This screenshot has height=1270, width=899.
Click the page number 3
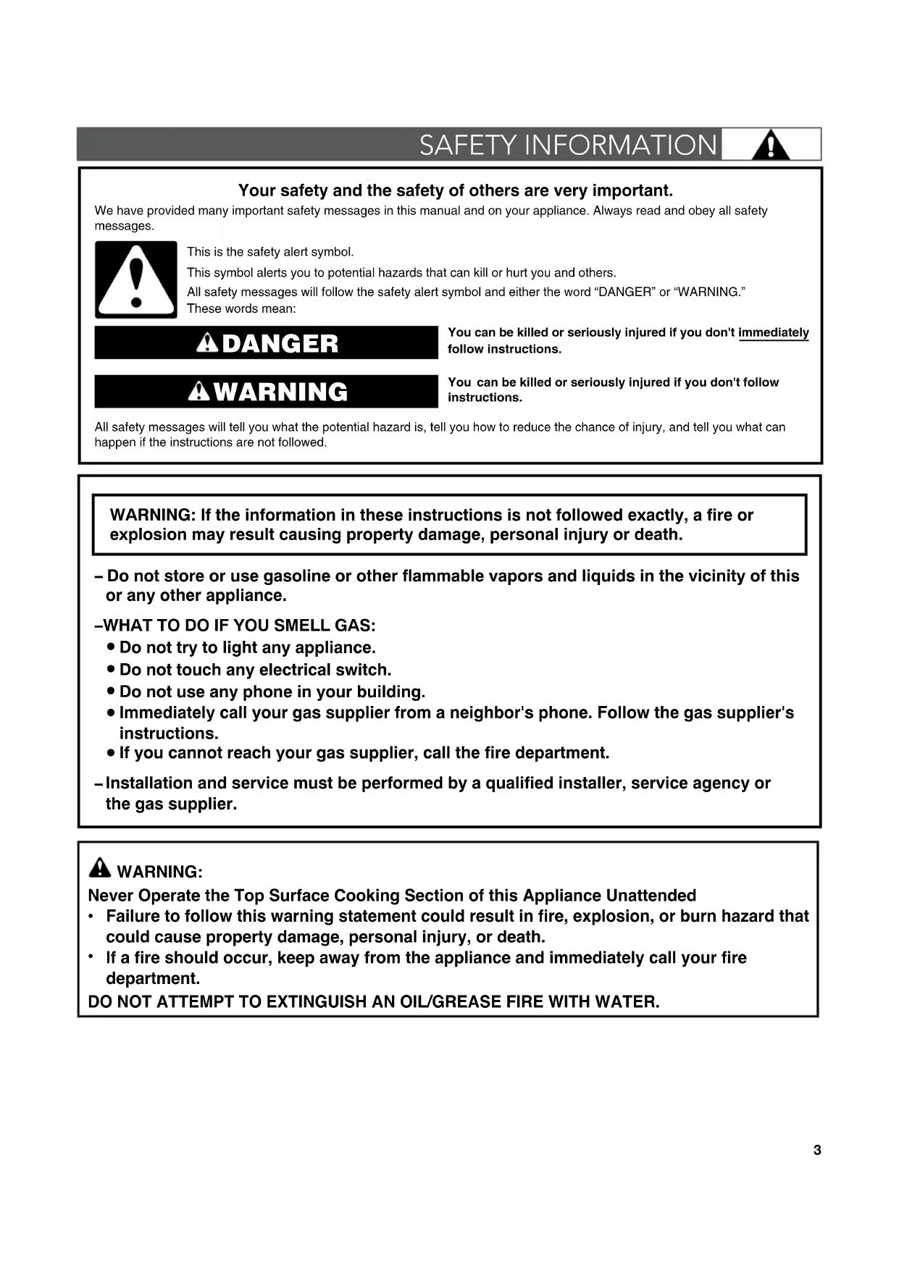pyautogui.click(x=817, y=1150)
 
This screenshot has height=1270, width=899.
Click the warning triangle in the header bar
pyautogui.click(x=771, y=146)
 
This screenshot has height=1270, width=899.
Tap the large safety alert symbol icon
pyautogui.click(x=136, y=279)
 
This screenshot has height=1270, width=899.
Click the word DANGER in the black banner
pyautogui.click(x=280, y=343)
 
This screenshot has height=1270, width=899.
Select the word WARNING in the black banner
pyautogui.click(x=281, y=392)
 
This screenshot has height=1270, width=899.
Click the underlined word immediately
pyautogui.click(x=773, y=332)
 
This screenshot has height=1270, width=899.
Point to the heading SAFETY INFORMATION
pyautogui.click(x=568, y=146)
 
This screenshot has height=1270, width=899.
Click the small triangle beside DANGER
pyautogui.click(x=208, y=342)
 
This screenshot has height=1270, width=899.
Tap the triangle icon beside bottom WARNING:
pyautogui.click(x=100, y=867)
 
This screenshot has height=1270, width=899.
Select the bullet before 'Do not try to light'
pyautogui.click(x=111, y=647)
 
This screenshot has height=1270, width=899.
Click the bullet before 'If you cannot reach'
pyautogui.click(x=111, y=753)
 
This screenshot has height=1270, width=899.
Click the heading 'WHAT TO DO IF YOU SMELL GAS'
pyautogui.click(x=240, y=626)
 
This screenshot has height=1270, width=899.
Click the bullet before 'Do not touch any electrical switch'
pyautogui.click(x=111, y=669)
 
